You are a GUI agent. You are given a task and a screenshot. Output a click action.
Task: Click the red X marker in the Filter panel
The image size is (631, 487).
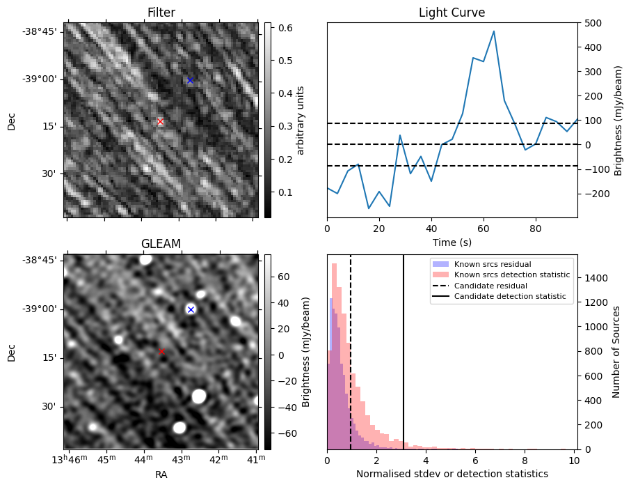(160, 121)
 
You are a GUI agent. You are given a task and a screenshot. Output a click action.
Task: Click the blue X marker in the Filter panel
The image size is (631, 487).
(190, 80)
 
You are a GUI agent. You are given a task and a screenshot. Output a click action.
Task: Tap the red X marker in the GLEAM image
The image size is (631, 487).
(162, 352)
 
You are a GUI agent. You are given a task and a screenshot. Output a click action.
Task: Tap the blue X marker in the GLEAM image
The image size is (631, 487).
(191, 309)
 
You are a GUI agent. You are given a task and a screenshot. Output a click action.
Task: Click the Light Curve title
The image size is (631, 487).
(452, 13)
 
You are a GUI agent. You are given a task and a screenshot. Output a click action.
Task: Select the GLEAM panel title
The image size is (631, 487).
(161, 243)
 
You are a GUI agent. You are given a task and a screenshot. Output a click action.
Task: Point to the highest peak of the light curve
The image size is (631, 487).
(493, 31)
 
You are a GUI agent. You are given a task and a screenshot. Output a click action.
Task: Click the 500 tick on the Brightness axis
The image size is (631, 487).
(591, 23)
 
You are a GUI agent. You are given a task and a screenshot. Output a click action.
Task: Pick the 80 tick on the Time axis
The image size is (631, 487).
(535, 227)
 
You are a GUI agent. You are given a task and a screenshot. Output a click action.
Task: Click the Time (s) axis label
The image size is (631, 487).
(452, 240)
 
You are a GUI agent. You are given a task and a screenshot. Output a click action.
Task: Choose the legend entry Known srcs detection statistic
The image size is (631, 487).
(511, 275)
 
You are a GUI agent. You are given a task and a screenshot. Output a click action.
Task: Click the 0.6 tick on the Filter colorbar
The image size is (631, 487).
(284, 28)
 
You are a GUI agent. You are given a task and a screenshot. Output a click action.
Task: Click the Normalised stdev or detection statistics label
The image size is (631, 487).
(452, 474)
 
